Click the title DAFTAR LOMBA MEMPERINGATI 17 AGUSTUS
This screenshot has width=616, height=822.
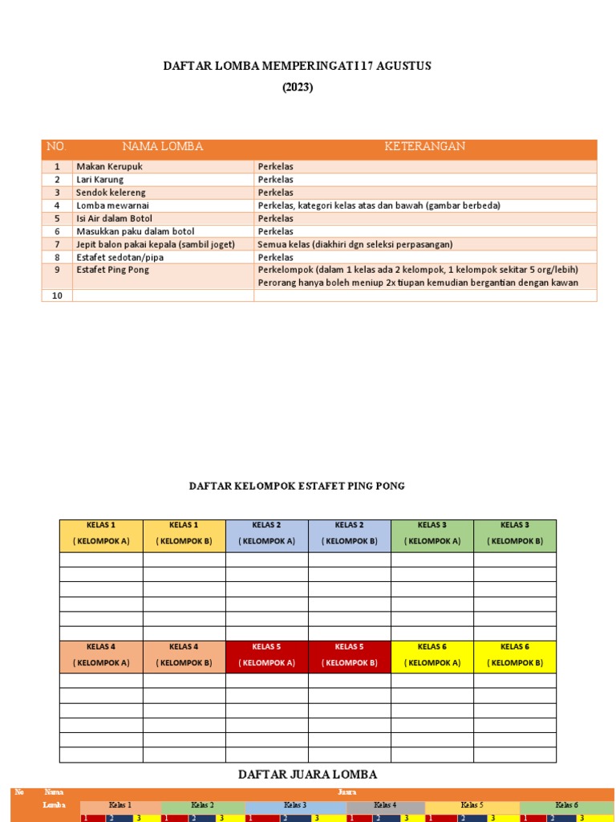coord(298,66)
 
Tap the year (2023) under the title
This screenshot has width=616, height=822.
coord(298,87)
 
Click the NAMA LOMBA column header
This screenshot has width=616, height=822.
coord(163,147)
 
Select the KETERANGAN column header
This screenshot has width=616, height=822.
coord(425,147)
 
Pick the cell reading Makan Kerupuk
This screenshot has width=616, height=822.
coord(109,167)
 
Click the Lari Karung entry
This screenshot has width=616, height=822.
coord(100,180)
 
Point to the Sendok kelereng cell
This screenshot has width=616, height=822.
coord(111,193)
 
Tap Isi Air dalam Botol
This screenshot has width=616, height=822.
coord(115,218)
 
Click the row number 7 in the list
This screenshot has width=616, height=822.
coord(57,244)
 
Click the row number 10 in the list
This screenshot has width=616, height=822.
coord(57,295)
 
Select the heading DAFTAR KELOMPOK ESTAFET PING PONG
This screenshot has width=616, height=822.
coord(297,486)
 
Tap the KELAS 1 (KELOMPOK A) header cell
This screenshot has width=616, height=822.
coord(101,534)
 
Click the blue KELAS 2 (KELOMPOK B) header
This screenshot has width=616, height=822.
coord(350,534)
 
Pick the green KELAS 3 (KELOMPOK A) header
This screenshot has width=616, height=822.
coord(432,534)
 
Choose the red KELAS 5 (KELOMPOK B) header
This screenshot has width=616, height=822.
coord(350,655)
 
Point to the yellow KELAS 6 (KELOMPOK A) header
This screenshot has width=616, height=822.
coord(432,655)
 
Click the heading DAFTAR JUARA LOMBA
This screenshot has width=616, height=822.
coord(307,775)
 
